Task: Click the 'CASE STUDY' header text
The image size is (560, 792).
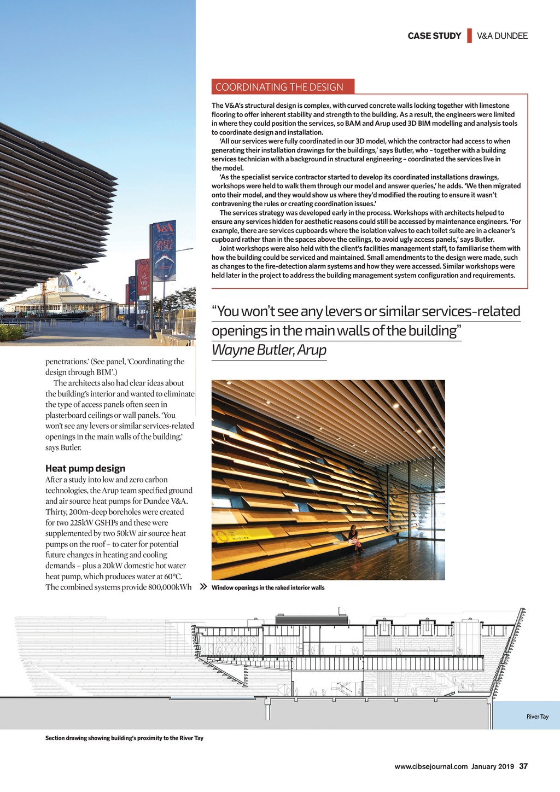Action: coord(434,36)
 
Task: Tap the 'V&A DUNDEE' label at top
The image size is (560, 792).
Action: coord(502,36)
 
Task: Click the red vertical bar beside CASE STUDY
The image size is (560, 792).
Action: coord(469,36)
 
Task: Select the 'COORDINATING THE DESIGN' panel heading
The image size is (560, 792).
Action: coord(279,87)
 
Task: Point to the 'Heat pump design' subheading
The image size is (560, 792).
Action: coord(85,468)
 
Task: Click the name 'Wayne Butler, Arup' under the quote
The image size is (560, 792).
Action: coord(269,350)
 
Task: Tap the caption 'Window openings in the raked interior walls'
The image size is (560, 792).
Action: coord(268,588)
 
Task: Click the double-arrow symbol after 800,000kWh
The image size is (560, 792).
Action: coord(203,587)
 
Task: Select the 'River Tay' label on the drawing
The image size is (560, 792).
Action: coord(537,717)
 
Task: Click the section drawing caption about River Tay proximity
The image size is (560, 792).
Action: coord(124,738)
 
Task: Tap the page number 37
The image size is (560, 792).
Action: coord(523,766)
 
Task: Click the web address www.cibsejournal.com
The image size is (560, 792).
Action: coord(431,767)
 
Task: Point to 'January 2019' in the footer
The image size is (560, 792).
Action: coord(492,767)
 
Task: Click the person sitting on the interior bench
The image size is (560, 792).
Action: coord(354,538)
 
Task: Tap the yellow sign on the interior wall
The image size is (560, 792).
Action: coord(234,534)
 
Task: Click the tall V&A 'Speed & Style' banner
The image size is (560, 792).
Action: coord(164,251)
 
